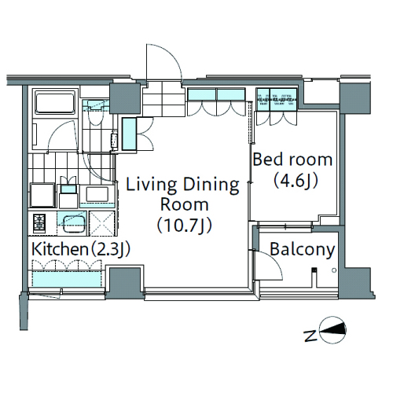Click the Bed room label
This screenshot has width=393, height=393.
pyautogui.click(x=292, y=160)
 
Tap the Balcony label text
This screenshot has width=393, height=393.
pyautogui.click(x=303, y=250)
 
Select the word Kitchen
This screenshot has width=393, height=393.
pyautogui.click(x=60, y=249)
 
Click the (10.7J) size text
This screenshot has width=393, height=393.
pyautogui.click(x=185, y=226)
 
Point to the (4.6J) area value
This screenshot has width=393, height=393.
pyautogui.click(x=296, y=181)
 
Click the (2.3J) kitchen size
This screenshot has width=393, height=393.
pyautogui.click(x=110, y=250)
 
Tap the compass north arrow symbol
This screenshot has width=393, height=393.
pyautogui.click(x=332, y=330)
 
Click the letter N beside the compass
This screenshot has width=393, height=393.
pyautogui.click(x=311, y=336)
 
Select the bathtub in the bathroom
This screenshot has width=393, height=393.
pyautogui.click(x=55, y=103)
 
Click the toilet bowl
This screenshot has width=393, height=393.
pyautogui.click(x=94, y=116)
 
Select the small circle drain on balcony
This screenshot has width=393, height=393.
pyautogui.click(x=334, y=270)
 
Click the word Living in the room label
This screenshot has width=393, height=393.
pyautogui.click(x=152, y=185)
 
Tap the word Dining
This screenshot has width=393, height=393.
pyautogui.click(x=211, y=185)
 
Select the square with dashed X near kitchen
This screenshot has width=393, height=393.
pyautogui.click(x=102, y=223)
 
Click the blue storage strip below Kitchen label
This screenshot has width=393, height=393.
pyautogui.click(x=67, y=279)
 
